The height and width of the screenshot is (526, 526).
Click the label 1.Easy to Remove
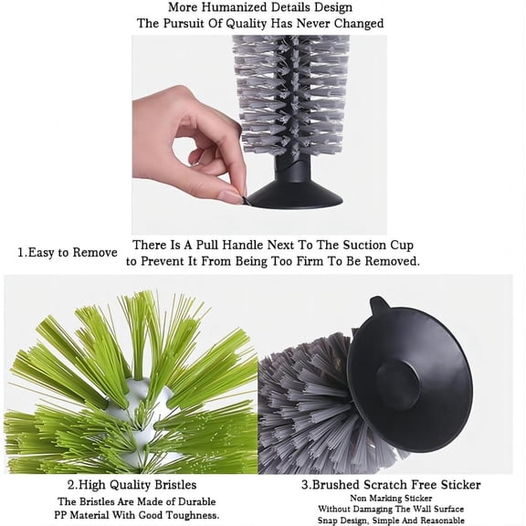click(68, 252)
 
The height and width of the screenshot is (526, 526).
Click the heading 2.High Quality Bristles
click(132, 484)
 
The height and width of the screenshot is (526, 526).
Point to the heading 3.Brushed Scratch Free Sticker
click(390, 484)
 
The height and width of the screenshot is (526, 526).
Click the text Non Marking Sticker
click(390, 499)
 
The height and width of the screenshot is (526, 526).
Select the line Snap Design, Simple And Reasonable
click(390, 521)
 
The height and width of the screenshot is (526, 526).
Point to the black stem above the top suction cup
click(286, 164)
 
